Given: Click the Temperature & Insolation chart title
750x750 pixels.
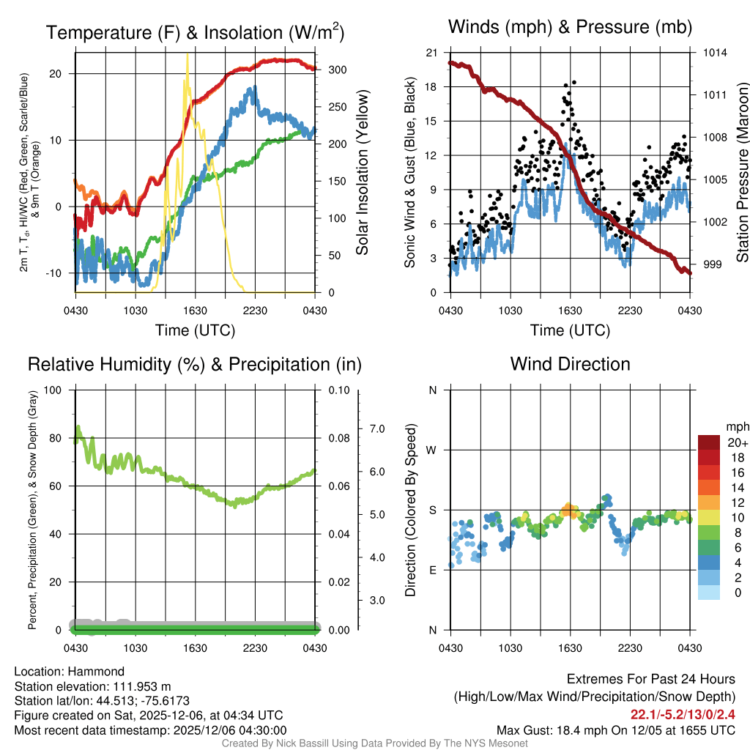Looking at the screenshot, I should pyautogui.click(x=195, y=32).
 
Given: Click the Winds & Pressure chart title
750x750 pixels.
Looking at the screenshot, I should pyautogui.click(x=570, y=27).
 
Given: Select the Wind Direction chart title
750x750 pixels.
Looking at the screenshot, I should pyautogui.click(x=570, y=363).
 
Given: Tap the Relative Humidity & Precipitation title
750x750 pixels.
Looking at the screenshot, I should pyautogui.click(x=194, y=364).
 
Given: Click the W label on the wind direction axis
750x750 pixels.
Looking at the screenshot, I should pyautogui.click(x=432, y=450).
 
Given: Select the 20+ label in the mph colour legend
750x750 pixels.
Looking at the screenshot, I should pyautogui.click(x=716, y=442).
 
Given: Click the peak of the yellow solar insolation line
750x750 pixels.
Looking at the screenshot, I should pyautogui.click(x=187, y=54).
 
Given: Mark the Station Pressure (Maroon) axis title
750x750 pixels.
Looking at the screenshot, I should pyautogui.click(x=741, y=172).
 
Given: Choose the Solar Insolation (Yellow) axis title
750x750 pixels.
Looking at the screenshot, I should pyautogui.click(x=362, y=172).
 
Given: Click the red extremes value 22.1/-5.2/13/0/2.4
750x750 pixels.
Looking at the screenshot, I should pyautogui.click(x=683, y=714).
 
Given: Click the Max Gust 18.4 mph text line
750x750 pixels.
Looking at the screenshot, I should pyautogui.click(x=616, y=729).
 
